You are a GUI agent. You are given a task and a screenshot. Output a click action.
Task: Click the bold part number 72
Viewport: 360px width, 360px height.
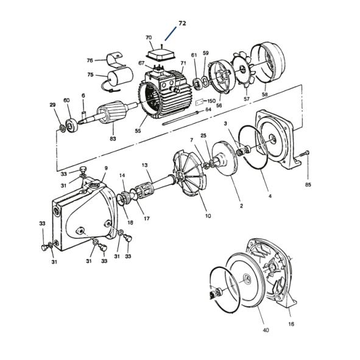tap(182, 23)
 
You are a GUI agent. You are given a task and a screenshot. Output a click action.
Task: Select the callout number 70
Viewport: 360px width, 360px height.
tap(149, 38)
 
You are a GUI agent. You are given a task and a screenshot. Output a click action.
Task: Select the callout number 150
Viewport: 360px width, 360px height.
tap(211, 101)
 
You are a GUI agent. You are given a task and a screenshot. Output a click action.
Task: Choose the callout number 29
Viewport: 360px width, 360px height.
tap(53, 105)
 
